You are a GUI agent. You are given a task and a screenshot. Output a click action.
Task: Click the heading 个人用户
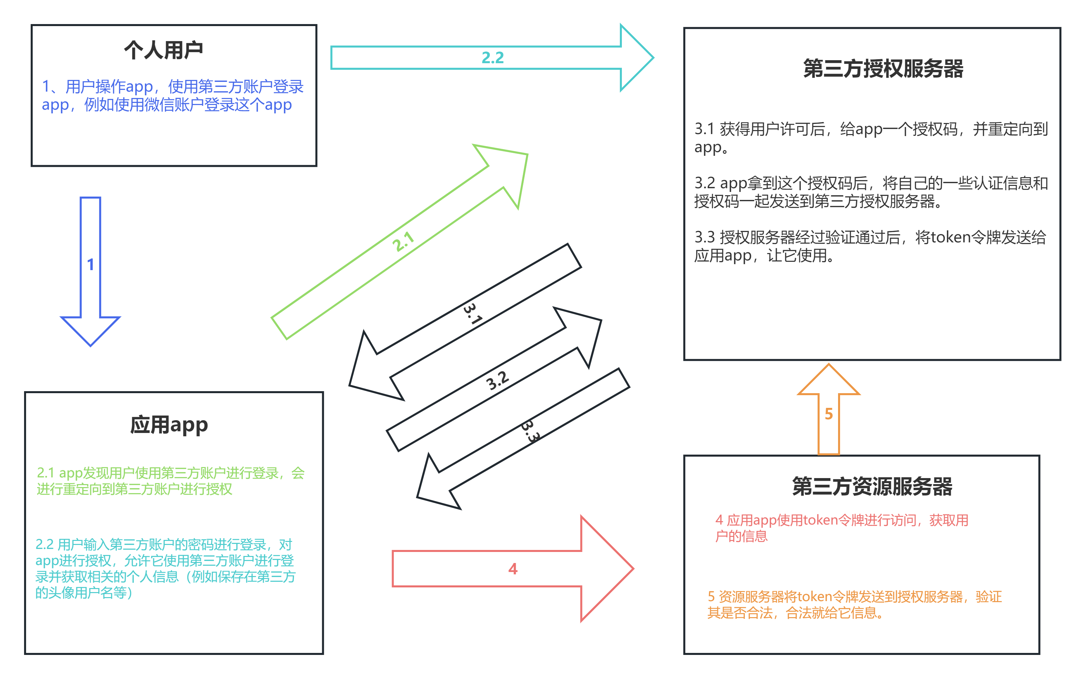tap(163, 50)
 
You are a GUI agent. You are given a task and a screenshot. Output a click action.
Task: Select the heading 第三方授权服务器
tap(883, 69)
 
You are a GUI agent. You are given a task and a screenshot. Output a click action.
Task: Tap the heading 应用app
tap(169, 425)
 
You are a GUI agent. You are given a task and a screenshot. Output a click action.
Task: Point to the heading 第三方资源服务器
tap(872, 486)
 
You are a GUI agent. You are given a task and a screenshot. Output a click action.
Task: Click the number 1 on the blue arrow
tap(91, 264)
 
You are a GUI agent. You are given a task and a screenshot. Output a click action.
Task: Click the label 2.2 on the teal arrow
tap(493, 58)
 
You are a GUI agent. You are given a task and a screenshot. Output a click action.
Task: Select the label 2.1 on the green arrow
tap(403, 242)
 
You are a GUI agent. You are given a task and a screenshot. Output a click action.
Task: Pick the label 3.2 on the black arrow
tap(498, 380)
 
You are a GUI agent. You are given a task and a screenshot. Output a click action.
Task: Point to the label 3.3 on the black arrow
tap(530, 432)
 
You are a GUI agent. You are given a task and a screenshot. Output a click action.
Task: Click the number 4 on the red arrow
tap(513, 569)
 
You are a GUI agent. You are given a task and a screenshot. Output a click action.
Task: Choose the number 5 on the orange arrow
tap(828, 414)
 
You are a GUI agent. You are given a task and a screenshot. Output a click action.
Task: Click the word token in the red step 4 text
tap(820, 520)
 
